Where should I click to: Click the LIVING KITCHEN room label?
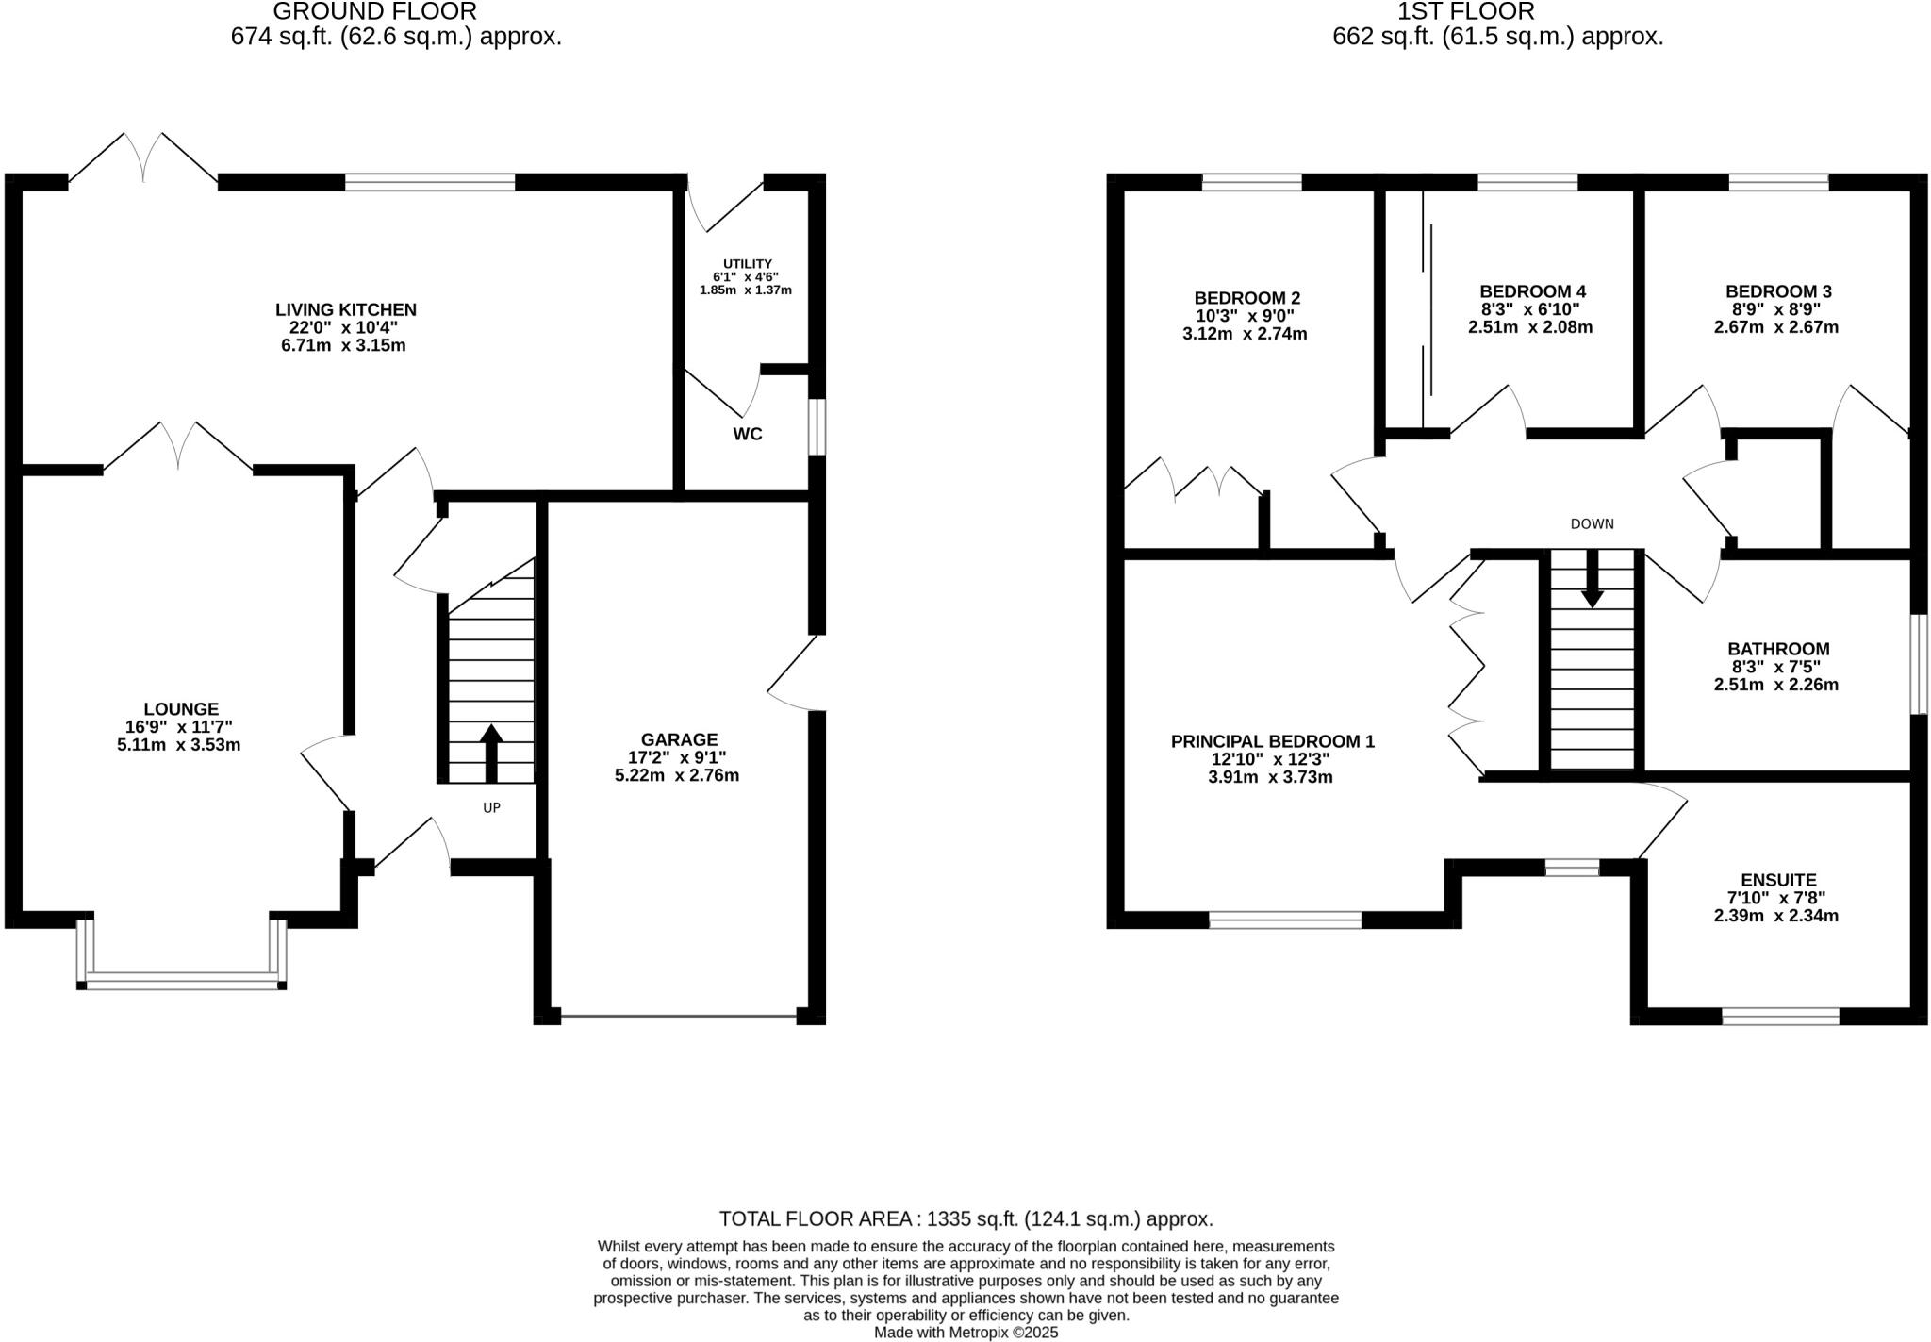[345, 309]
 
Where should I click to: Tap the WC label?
[747, 434]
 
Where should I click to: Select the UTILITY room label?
[747, 264]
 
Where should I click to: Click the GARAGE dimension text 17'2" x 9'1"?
[678, 757]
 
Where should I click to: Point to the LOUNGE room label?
[181, 708]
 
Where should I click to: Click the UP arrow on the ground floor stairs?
[491, 750]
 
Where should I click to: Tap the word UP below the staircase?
[491, 807]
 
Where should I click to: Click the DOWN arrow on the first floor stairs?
[1592, 577]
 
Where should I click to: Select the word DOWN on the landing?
[1592, 523]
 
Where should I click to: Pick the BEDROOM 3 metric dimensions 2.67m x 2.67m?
[1775, 327]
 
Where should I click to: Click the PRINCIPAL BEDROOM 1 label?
[1272, 741]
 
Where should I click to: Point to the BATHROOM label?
[1777, 649]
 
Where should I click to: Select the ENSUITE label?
[1777, 880]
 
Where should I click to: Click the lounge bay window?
[181, 980]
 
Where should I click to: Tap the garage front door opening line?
[678, 1016]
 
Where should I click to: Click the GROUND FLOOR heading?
[374, 12]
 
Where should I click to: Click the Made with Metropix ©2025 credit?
[965, 1333]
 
